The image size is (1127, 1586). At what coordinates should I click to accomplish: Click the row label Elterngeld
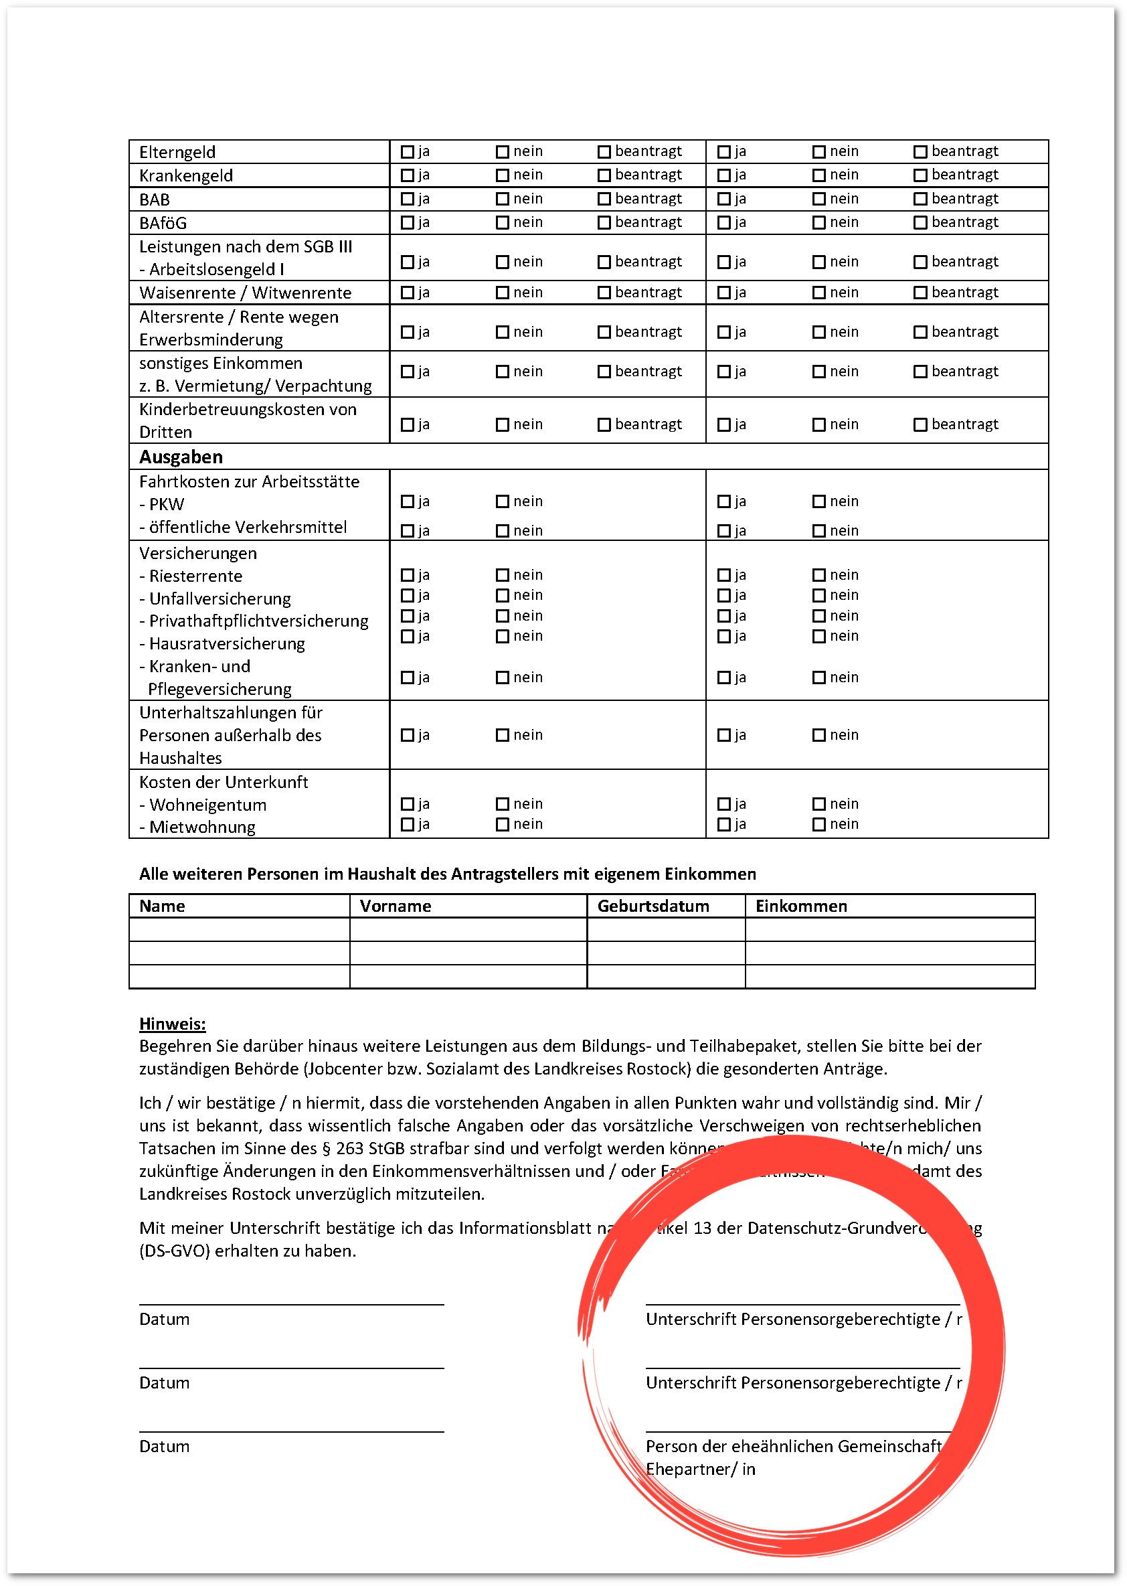tap(177, 152)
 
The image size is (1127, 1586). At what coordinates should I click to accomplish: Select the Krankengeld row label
tap(185, 175)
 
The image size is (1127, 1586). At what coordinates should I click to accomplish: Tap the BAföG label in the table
tap(163, 223)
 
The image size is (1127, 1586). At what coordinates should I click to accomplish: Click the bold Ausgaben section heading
tap(181, 457)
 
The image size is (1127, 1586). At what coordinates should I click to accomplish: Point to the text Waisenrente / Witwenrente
tap(245, 293)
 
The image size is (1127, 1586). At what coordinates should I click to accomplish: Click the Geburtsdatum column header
tap(653, 906)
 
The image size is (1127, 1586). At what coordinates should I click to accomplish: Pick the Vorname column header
tap(395, 906)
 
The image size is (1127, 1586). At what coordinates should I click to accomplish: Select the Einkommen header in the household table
tap(801, 906)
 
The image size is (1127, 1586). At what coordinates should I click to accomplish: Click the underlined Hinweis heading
tap(172, 1024)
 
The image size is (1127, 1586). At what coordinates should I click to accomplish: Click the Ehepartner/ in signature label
tap(699, 1469)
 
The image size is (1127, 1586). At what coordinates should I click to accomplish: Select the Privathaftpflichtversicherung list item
tap(258, 621)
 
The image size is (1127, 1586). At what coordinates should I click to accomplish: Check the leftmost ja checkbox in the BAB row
tap(408, 200)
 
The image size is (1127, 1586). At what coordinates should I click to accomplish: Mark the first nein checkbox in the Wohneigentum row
tap(503, 804)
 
